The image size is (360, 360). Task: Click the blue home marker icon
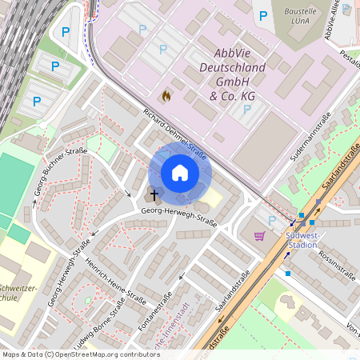click(180, 173)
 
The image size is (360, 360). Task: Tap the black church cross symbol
click(154, 194)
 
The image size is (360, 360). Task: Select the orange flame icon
click(166, 96)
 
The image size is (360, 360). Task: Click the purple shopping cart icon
click(259, 236)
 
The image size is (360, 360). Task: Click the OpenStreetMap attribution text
click(81, 354)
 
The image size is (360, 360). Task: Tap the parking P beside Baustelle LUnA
click(262, 15)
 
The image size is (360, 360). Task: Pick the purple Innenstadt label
click(171, 336)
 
